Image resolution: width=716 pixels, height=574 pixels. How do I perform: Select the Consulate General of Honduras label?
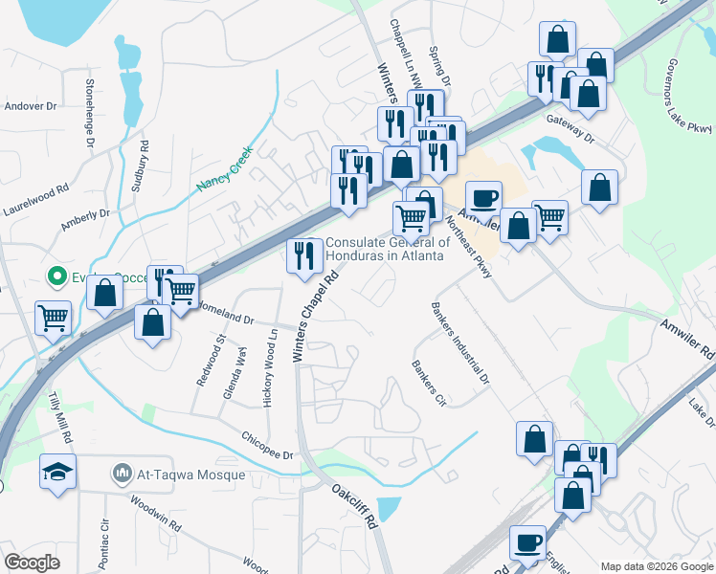click(x=378, y=249)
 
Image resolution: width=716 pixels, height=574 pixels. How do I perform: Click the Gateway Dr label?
click(x=571, y=127)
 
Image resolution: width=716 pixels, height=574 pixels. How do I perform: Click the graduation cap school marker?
click(x=57, y=472)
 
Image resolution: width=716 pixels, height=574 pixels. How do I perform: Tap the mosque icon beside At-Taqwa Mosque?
click(x=122, y=474)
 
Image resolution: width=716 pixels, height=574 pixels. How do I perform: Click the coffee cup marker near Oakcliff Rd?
click(x=526, y=543)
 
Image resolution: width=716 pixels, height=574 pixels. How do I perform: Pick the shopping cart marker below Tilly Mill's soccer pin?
click(x=53, y=316)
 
